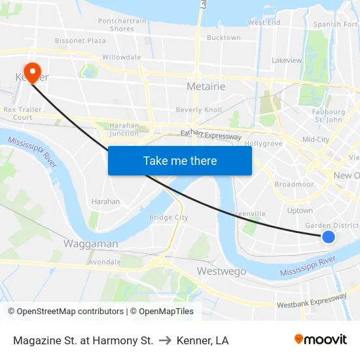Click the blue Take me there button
[x=180, y=161]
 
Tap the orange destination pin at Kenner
[x=31, y=71]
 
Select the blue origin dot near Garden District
[x=329, y=237]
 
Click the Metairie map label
[x=206, y=86]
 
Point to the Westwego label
[x=221, y=271]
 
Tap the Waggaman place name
[x=90, y=243]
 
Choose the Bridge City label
[x=168, y=217]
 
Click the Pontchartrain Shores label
[x=122, y=25]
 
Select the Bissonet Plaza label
[x=80, y=41]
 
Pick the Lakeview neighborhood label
[x=287, y=60]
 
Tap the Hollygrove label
[x=263, y=143]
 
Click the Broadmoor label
[x=295, y=185]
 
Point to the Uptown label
[x=300, y=211]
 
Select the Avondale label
[x=105, y=262]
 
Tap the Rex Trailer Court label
[x=18, y=114]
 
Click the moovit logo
[x=321, y=340]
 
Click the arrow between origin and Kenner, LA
[x=166, y=340]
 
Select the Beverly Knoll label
[x=199, y=110]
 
